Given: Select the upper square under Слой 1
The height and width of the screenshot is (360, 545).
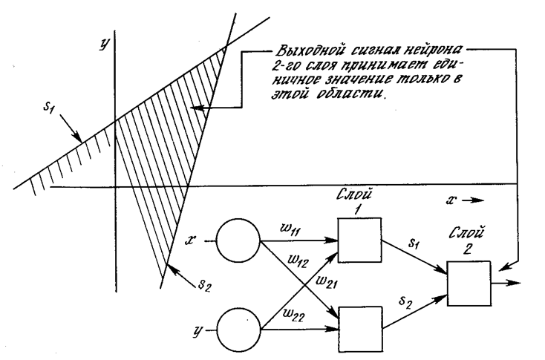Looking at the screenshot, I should click(x=359, y=240).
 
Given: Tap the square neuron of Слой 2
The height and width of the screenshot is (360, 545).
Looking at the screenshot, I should click(x=469, y=284).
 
